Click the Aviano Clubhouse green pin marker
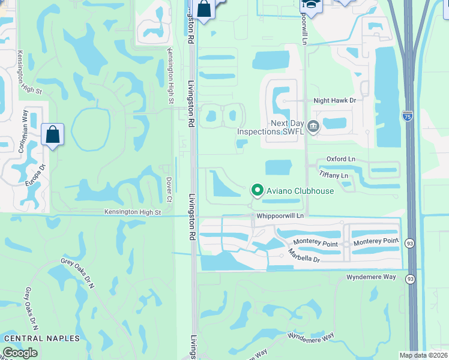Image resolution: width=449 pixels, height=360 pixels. coord(258,190)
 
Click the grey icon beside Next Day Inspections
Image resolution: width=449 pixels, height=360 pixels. coord(313,126)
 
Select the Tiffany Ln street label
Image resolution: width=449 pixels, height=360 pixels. coord(334,175)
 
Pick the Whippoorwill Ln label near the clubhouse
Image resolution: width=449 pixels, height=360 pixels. coord(280,215)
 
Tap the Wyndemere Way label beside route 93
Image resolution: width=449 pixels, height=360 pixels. coord(372,277)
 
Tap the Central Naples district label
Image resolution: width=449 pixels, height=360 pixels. coord(41,338)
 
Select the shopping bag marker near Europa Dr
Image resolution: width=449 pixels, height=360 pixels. coord(52,134)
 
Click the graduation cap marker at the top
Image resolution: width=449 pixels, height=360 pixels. coord(312,5)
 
